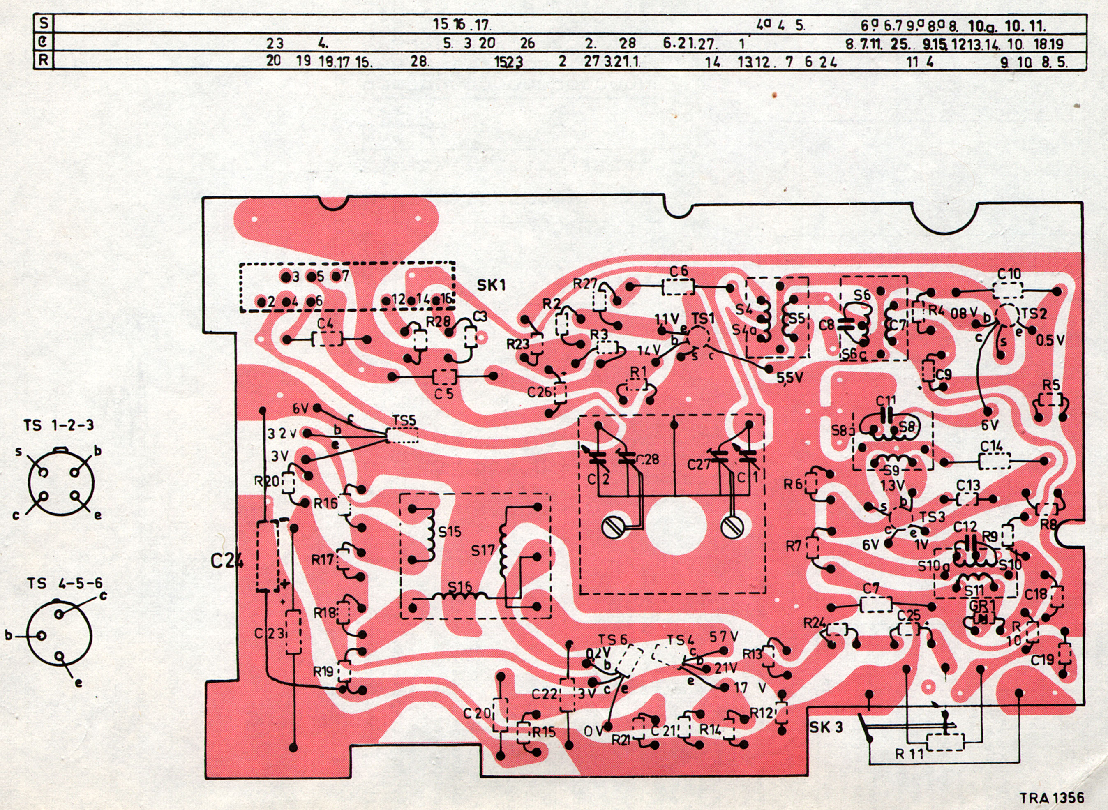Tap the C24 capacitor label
(227, 561)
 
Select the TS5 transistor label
(404, 420)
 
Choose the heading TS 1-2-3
(58, 425)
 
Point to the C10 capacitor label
(1009, 274)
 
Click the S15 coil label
(450, 531)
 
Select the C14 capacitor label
(991, 446)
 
